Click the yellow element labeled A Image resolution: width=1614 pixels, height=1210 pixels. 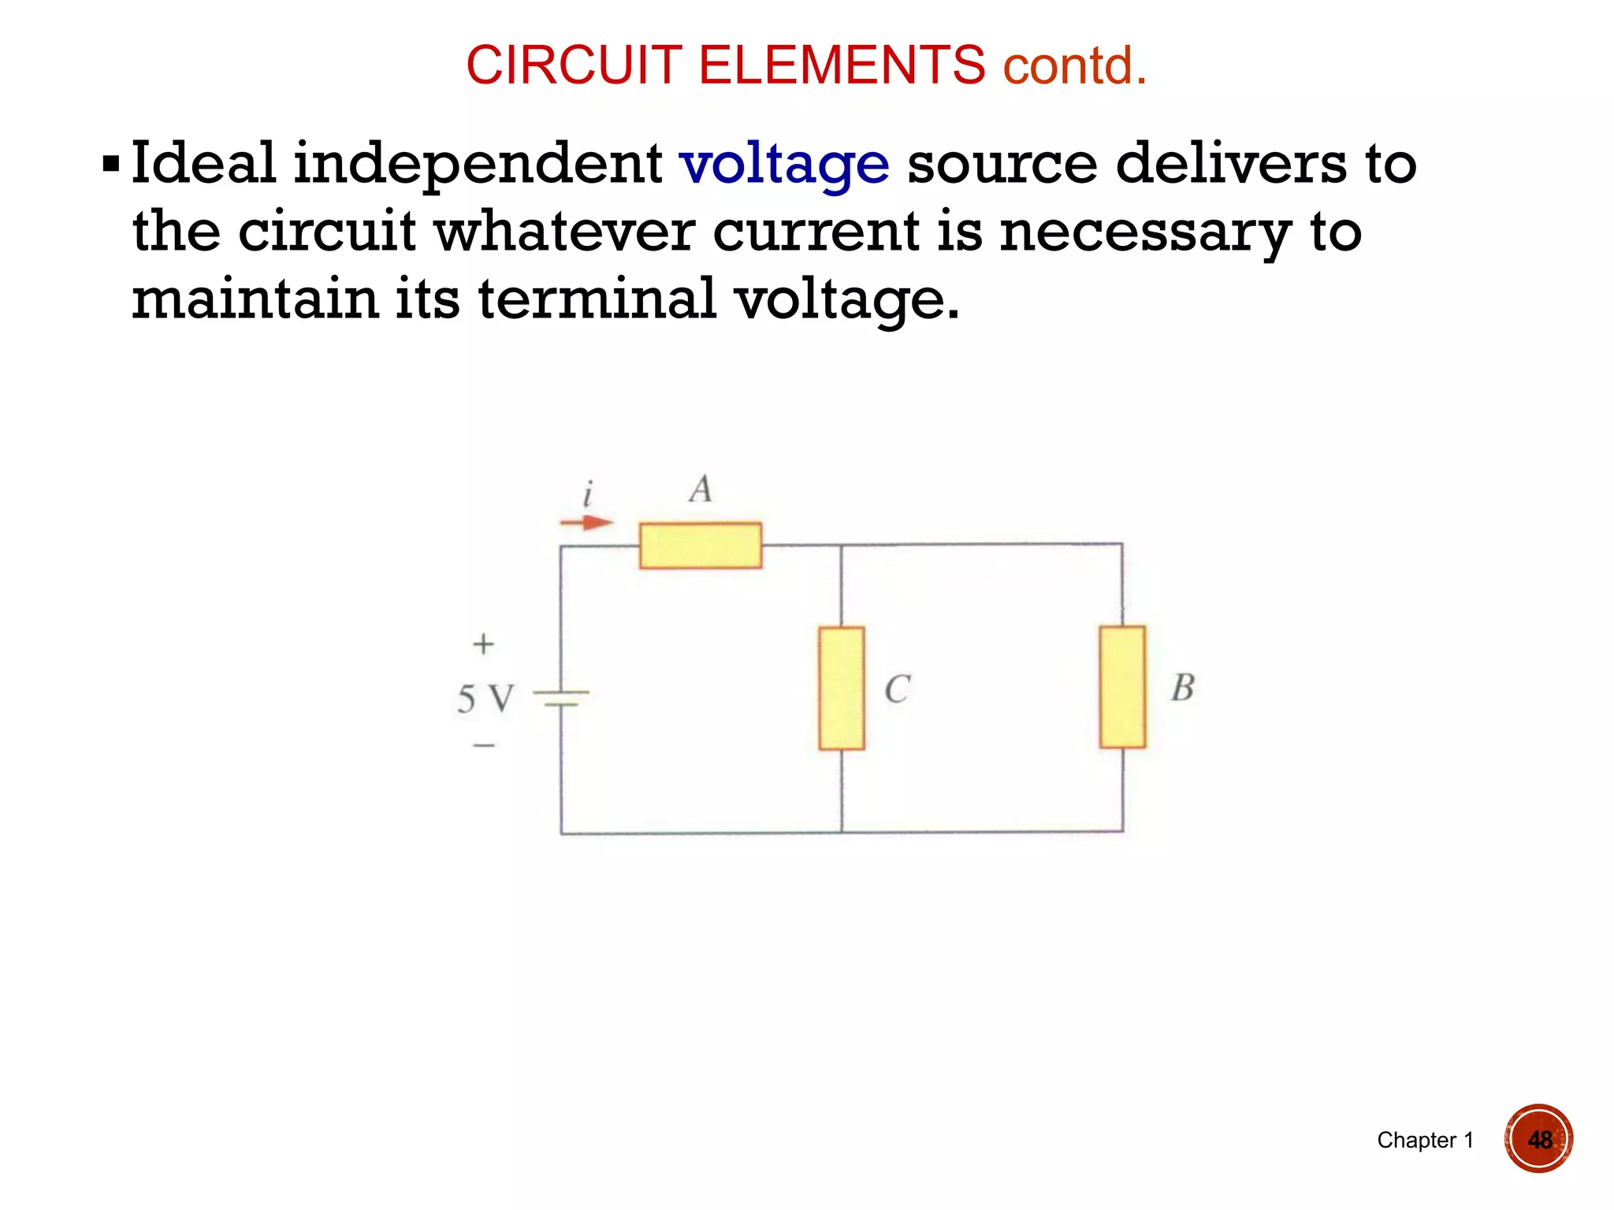tap(700, 545)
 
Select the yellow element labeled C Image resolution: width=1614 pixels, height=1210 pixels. tap(842, 688)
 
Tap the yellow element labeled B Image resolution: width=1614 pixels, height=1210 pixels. tap(1122, 687)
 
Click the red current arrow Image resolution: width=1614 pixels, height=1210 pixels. tap(586, 522)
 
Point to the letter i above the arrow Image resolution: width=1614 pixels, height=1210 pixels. tap(587, 495)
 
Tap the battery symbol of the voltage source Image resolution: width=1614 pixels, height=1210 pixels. tap(561, 698)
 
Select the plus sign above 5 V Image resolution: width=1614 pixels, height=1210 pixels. tap(483, 644)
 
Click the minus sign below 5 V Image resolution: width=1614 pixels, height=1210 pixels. tap(484, 744)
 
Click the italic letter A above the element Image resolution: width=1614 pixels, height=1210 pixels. tap(701, 489)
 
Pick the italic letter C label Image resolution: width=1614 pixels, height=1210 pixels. tap(897, 689)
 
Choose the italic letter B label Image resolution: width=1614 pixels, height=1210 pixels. tap(1182, 688)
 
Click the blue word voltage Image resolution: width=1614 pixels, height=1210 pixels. tap(784, 164)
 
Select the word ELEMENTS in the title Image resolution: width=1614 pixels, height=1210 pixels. tap(841, 65)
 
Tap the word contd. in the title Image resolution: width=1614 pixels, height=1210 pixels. tap(1074, 65)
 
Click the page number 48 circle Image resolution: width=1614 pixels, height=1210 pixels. tap(1538, 1139)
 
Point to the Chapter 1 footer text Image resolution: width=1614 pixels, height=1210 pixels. tap(1425, 1140)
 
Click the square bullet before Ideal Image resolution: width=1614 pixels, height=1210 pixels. tap(111, 165)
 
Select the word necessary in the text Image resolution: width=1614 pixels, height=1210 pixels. tap(1145, 232)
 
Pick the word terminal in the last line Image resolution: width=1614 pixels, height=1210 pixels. tap(597, 299)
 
